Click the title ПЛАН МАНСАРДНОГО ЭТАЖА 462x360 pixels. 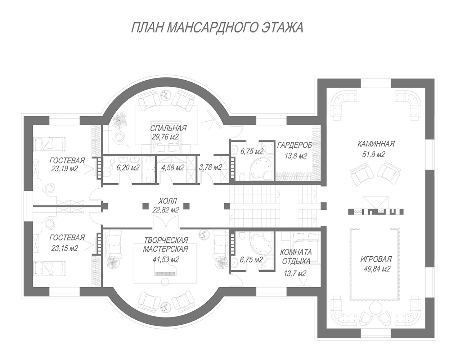pos(217,27)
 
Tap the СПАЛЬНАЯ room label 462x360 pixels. pos(168,129)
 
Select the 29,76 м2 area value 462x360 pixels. pos(165,137)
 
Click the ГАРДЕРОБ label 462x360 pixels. pos(295,145)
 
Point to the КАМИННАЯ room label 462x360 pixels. pos(376,144)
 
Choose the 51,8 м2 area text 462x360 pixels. pos(373,154)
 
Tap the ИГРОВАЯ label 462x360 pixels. pos(376,259)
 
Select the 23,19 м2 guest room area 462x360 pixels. pos(64,169)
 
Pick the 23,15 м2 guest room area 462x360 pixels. pos(64,248)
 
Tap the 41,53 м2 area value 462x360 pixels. pos(166,259)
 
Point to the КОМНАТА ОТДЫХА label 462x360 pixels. pos(296,257)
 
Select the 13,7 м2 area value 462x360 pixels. pos(295,273)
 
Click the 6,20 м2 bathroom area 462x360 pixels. pos(127,168)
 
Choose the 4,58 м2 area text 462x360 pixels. pos(172,168)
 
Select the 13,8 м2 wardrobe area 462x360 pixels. pos(296,156)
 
